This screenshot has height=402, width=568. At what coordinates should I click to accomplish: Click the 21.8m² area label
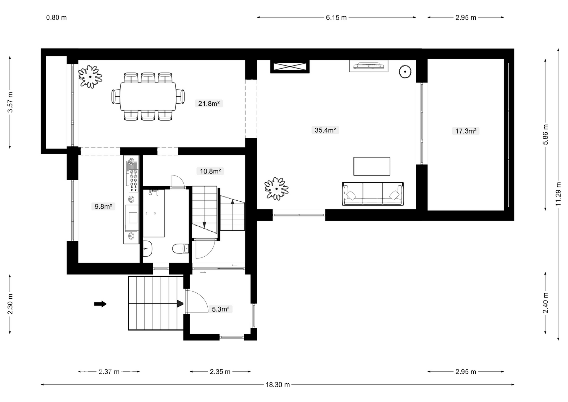click(x=209, y=104)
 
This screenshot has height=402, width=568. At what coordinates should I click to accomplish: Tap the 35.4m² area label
click(x=325, y=130)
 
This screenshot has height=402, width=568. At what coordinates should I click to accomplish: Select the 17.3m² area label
click(x=466, y=131)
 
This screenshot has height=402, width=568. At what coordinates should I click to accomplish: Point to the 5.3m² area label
click(x=221, y=309)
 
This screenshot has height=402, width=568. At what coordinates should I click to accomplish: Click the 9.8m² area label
click(x=103, y=206)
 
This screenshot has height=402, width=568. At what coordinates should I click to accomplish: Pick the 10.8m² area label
click(x=210, y=171)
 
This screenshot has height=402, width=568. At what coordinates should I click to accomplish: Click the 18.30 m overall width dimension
click(x=278, y=385)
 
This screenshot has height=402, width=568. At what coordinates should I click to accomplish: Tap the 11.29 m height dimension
click(x=558, y=194)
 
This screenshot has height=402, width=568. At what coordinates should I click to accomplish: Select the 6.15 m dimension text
click(x=336, y=17)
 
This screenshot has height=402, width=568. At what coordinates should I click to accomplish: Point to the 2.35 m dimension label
click(x=220, y=372)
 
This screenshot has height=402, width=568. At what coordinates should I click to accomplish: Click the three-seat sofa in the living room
click(x=373, y=194)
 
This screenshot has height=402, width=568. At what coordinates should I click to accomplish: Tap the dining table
click(x=148, y=97)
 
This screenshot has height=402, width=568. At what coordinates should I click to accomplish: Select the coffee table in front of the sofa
click(x=372, y=166)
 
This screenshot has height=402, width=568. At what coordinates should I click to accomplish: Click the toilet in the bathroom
click(x=181, y=248)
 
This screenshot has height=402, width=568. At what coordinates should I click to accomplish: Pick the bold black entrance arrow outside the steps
click(x=100, y=304)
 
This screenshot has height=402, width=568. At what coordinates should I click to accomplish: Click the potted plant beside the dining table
click(x=90, y=77)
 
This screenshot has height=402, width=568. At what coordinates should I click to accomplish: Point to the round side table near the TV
click(x=405, y=71)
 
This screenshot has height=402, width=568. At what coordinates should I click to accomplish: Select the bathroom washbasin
click(x=147, y=248)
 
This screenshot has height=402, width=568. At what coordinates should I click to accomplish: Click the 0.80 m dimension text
click(x=57, y=17)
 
